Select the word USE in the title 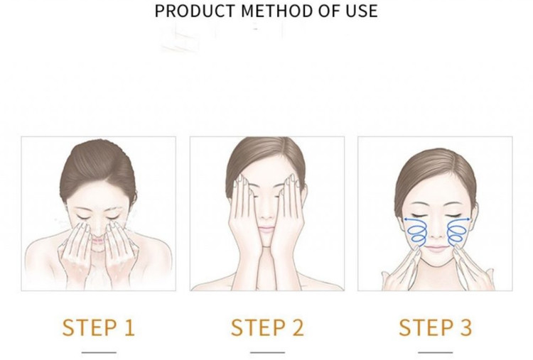click(362, 11)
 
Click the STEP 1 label click(99, 328)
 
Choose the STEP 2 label click(267, 328)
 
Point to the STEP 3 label click(436, 328)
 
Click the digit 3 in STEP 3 click(465, 328)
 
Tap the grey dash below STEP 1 click(99, 352)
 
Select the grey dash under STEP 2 click(267, 352)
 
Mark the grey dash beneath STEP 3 click(436, 352)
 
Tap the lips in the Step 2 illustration click(266, 229)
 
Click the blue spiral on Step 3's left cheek click(415, 231)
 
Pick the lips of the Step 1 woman click(97, 241)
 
